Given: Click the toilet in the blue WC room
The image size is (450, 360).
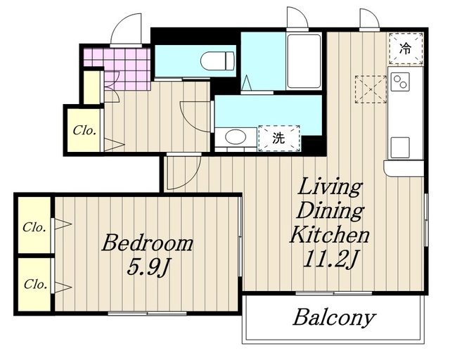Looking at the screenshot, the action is pyautogui.click(x=217, y=61).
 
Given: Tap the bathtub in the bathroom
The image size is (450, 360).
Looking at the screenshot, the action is pyautogui.click(x=304, y=61).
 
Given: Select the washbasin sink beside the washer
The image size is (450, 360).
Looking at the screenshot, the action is pyautogui.click(x=236, y=137).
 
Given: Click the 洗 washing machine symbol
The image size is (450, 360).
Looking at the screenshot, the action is pyautogui.click(x=279, y=139).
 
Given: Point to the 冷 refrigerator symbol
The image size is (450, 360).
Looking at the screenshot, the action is pyautogui.click(x=406, y=49).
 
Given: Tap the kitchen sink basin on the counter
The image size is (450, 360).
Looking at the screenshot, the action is pyautogui.click(x=400, y=148).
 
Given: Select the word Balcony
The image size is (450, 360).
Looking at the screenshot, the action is pyautogui.click(x=334, y=318).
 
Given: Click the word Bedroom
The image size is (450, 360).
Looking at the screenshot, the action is pyautogui.click(x=147, y=243).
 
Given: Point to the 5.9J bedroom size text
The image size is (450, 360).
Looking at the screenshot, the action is pyautogui.click(x=147, y=268).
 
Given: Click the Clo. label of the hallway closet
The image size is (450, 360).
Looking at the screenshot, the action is pyautogui.click(x=84, y=131).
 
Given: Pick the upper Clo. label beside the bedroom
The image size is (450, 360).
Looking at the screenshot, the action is pyautogui.click(x=34, y=227).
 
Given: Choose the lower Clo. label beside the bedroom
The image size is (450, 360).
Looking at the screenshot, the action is pyautogui.click(x=35, y=284).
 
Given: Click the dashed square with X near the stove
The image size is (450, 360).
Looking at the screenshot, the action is pyautogui.click(x=371, y=89).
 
